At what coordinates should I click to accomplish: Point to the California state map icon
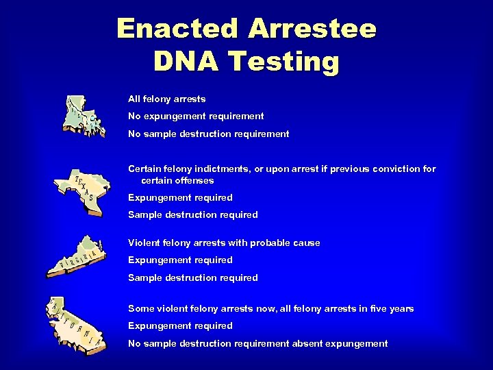(75, 325)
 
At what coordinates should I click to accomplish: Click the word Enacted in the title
(178, 29)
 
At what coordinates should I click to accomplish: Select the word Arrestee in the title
(312, 29)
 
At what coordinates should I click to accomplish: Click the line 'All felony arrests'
(166, 99)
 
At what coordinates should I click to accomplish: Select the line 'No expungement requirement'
(196, 116)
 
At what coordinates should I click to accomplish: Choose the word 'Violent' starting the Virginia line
(143, 243)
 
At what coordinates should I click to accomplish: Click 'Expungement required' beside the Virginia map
(180, 260)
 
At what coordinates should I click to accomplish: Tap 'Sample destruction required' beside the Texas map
(193, 214)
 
